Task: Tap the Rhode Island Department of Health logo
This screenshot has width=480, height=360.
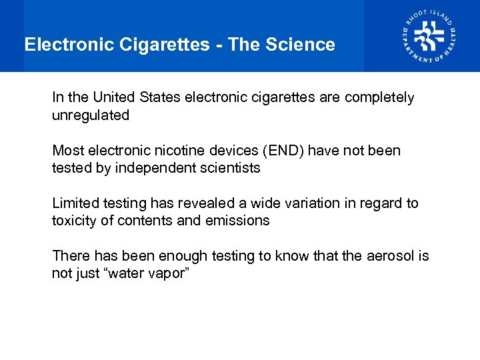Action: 429,36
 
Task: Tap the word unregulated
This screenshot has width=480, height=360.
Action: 91,115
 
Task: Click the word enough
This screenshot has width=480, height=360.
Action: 177,256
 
